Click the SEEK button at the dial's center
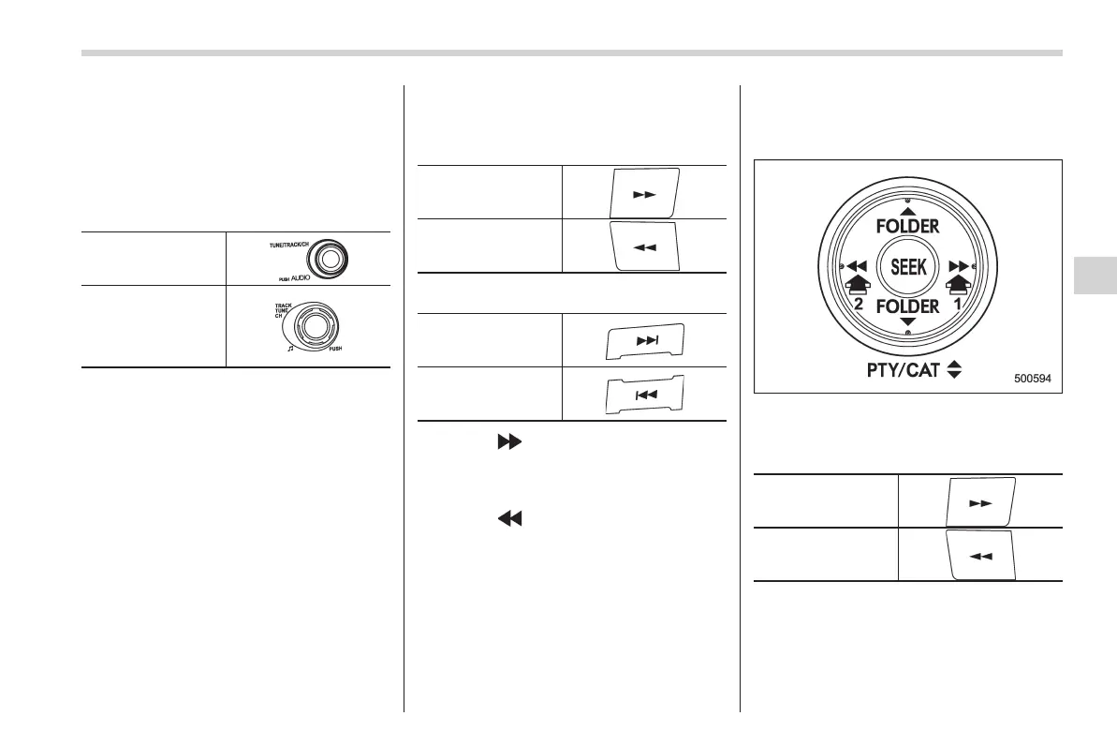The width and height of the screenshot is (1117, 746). [x=907, y=266]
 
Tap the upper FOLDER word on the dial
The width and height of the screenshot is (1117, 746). [x=907, y=226]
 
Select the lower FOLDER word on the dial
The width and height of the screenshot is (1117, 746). [x=907, y=307]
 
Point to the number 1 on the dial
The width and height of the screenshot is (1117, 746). [x=959, y=305]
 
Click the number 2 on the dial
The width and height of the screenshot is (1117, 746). [x=856, y=305]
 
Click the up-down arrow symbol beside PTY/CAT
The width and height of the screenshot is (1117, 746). [x=954, y=370]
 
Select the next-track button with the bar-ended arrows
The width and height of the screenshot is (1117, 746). [x=644, y=341]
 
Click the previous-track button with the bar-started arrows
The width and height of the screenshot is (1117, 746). [x=644, y=395]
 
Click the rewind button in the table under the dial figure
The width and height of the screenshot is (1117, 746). [x=979, y=554]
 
